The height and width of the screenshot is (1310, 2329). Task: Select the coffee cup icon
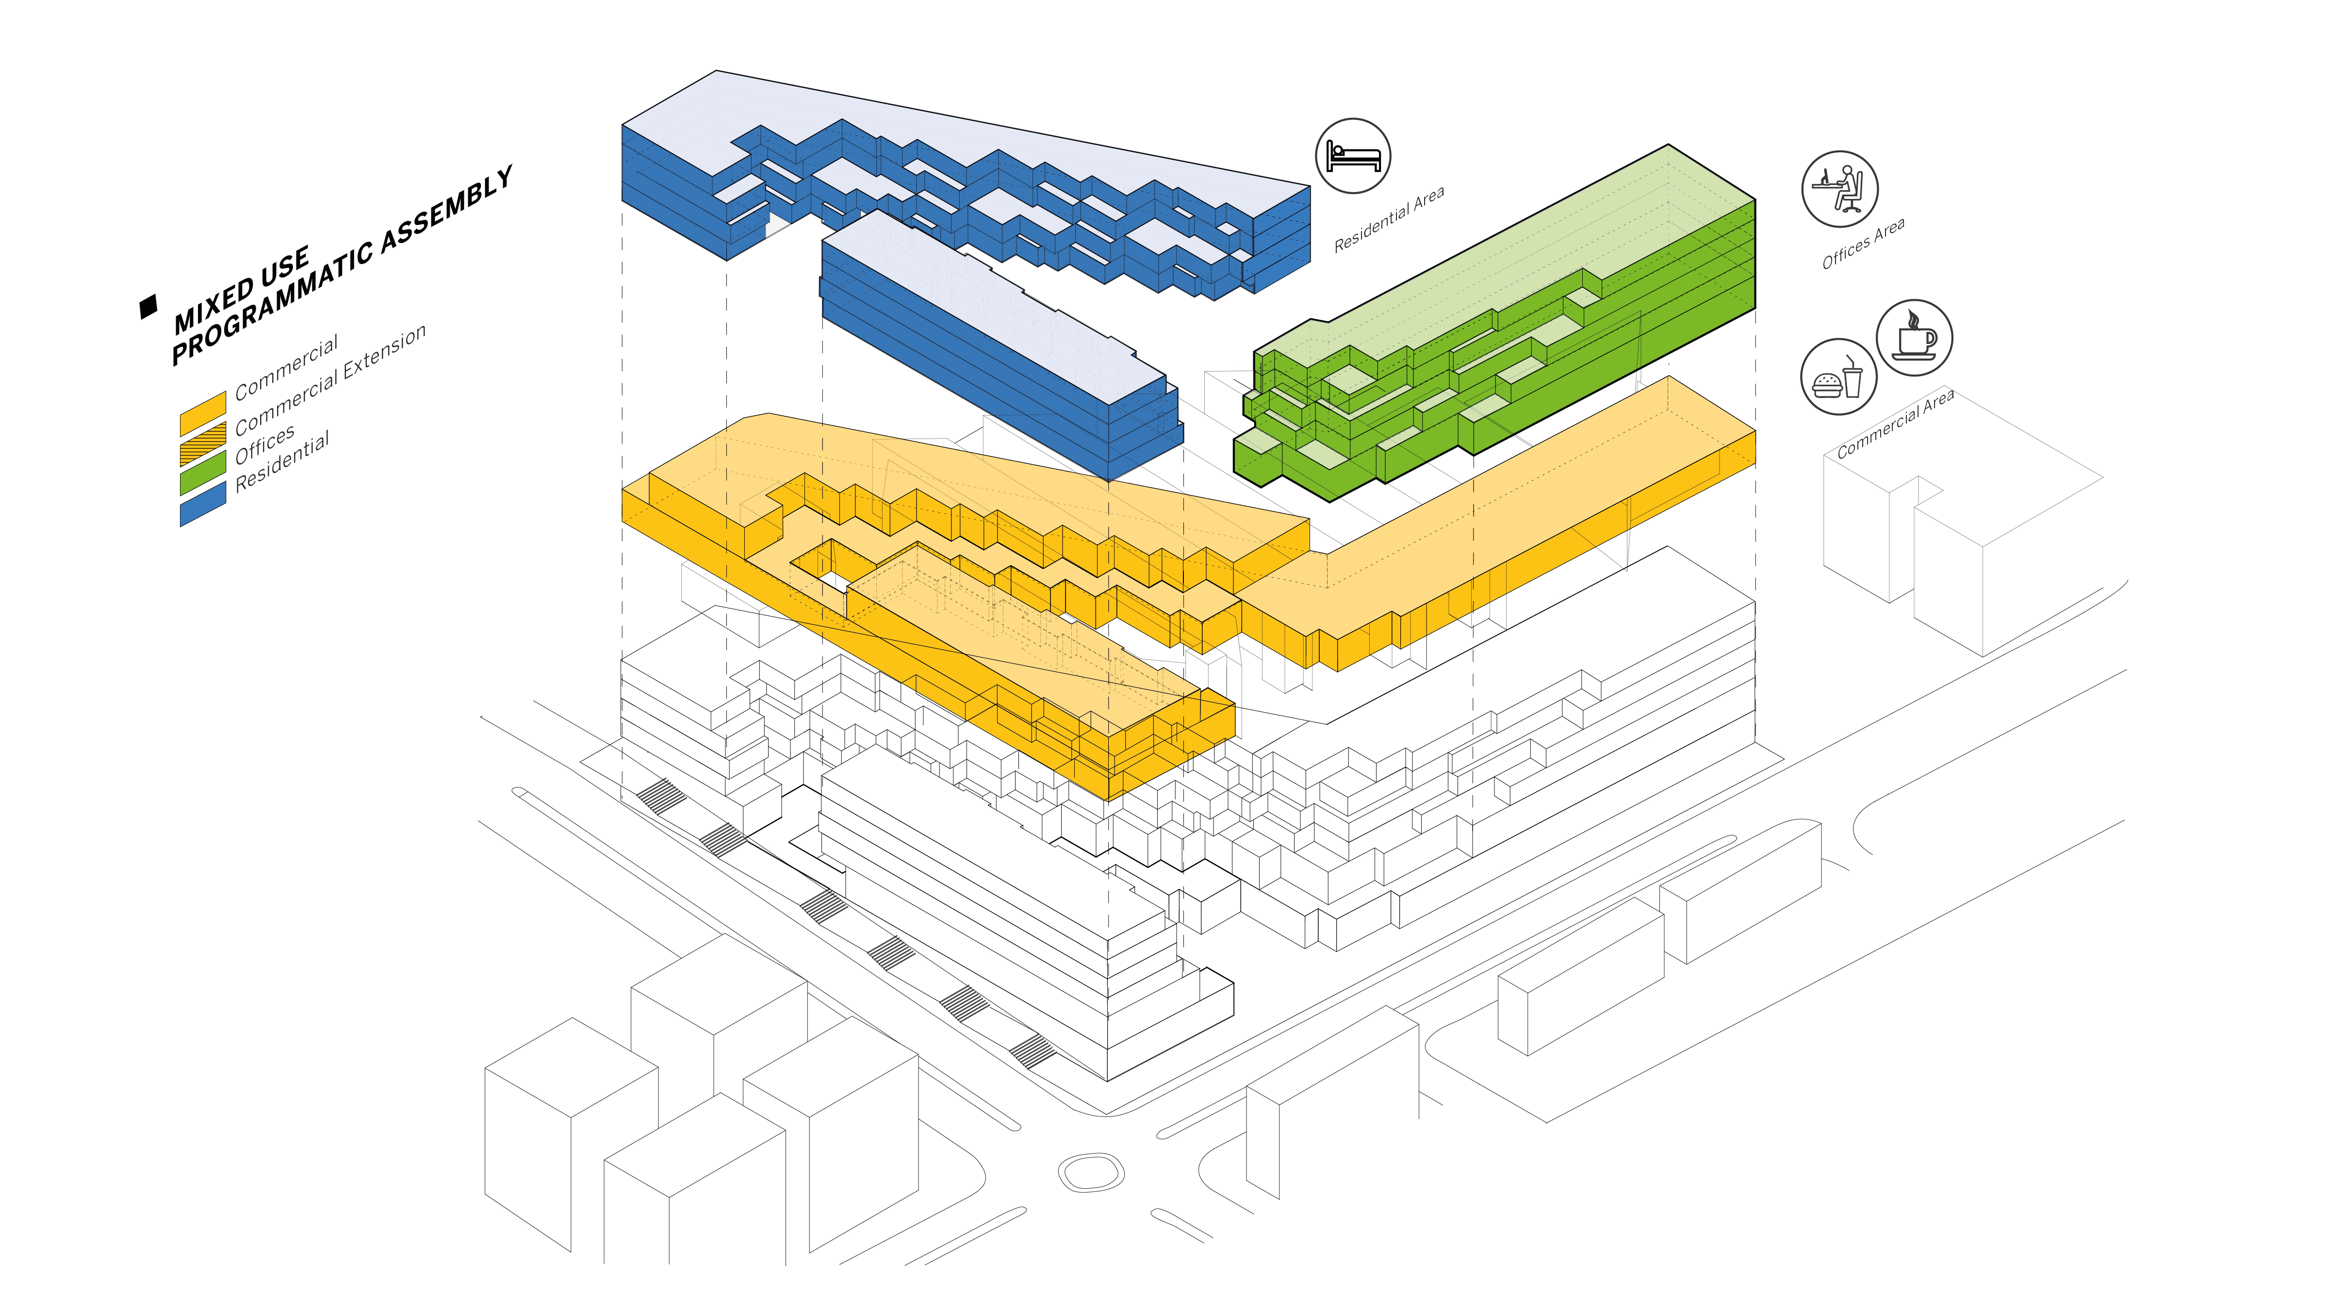pyautogui.click(x=1914, y=337)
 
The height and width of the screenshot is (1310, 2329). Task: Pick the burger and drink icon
pyautogui.click(x=1838, y=377)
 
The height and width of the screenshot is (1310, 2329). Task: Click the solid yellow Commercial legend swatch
pyautogui.click(x=202, y=414)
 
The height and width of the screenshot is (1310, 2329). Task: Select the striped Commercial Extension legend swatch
pyautogui.click(x=202, y=444)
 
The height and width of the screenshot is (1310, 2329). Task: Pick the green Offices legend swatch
pyautogui.click(x=202, y=473)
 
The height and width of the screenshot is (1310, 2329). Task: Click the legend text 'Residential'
pyautogui.click(x=282, y=462)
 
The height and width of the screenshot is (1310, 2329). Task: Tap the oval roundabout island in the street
pyautogui.click(x=1091, y=1173)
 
